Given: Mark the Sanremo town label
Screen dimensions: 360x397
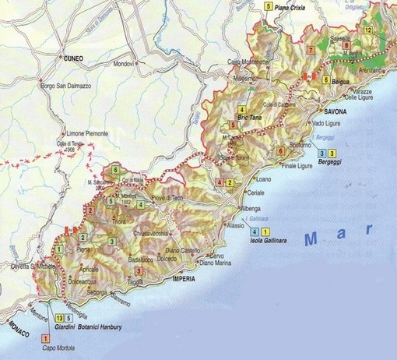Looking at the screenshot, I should tap(121, 298).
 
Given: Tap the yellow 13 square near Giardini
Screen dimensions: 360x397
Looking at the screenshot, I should tap(60, 318).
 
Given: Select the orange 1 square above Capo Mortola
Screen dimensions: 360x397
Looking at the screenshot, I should tap(45, 338).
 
